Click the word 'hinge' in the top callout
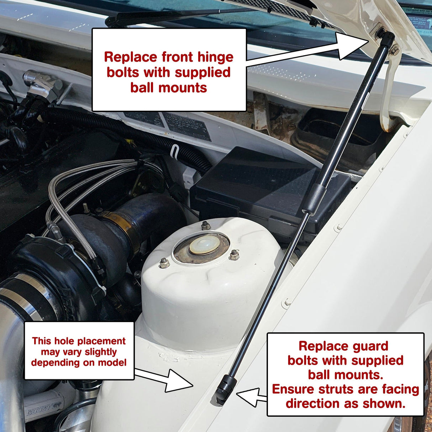[215, 57]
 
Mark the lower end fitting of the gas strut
[225, 390]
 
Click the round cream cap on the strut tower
[204, 245]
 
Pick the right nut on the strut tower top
[234, 255]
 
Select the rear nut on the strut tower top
[205, 225]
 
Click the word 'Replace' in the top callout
[130, 57]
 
